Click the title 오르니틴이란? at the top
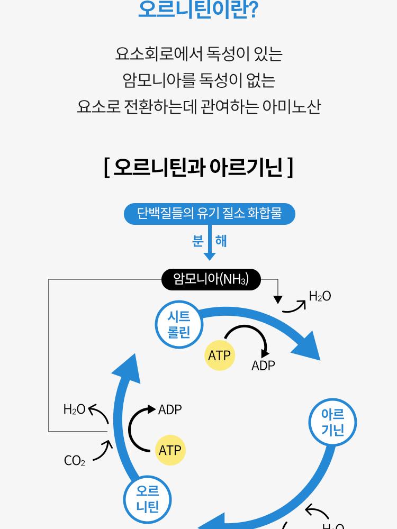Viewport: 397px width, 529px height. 198,9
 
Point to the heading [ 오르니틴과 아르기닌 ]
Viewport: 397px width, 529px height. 198,167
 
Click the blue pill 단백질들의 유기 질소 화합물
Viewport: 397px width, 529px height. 209,214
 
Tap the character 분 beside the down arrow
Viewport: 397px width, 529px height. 197,241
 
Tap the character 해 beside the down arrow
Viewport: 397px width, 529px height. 221,241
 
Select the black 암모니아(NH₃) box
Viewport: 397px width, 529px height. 211,279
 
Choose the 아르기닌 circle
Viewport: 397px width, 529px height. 332,422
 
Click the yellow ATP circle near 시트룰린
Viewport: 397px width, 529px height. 219,355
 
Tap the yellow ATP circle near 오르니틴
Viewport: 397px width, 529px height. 170,450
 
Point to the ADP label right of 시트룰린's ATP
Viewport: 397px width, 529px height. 263,366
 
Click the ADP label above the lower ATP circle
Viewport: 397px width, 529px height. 169,409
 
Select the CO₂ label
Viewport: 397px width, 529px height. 75,461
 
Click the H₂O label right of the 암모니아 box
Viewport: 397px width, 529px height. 320,297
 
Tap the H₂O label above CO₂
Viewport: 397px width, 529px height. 74,409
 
